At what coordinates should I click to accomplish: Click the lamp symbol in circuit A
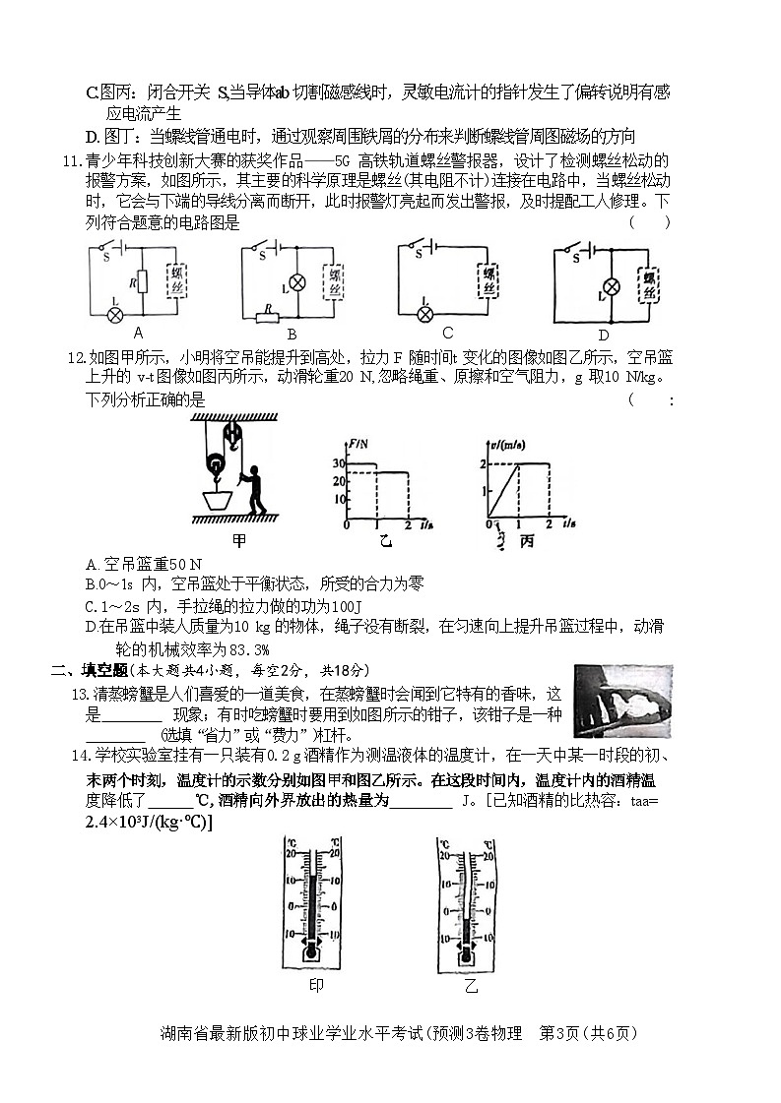pos(114,314)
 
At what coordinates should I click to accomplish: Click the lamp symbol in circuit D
pos(611,287)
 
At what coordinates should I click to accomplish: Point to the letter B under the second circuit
pos(292,334)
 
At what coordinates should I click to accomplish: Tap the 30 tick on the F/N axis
pos(338,462)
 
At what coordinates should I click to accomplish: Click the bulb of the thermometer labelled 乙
pos(469,951)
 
